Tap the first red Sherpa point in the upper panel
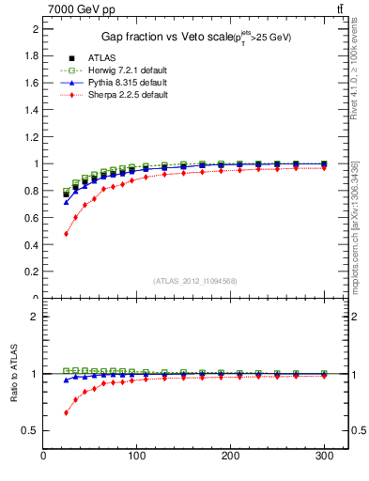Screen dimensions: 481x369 tap(66, 233)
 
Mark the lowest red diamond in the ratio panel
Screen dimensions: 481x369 tap(66, 412)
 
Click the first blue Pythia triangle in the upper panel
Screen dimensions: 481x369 tap(66, 202)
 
